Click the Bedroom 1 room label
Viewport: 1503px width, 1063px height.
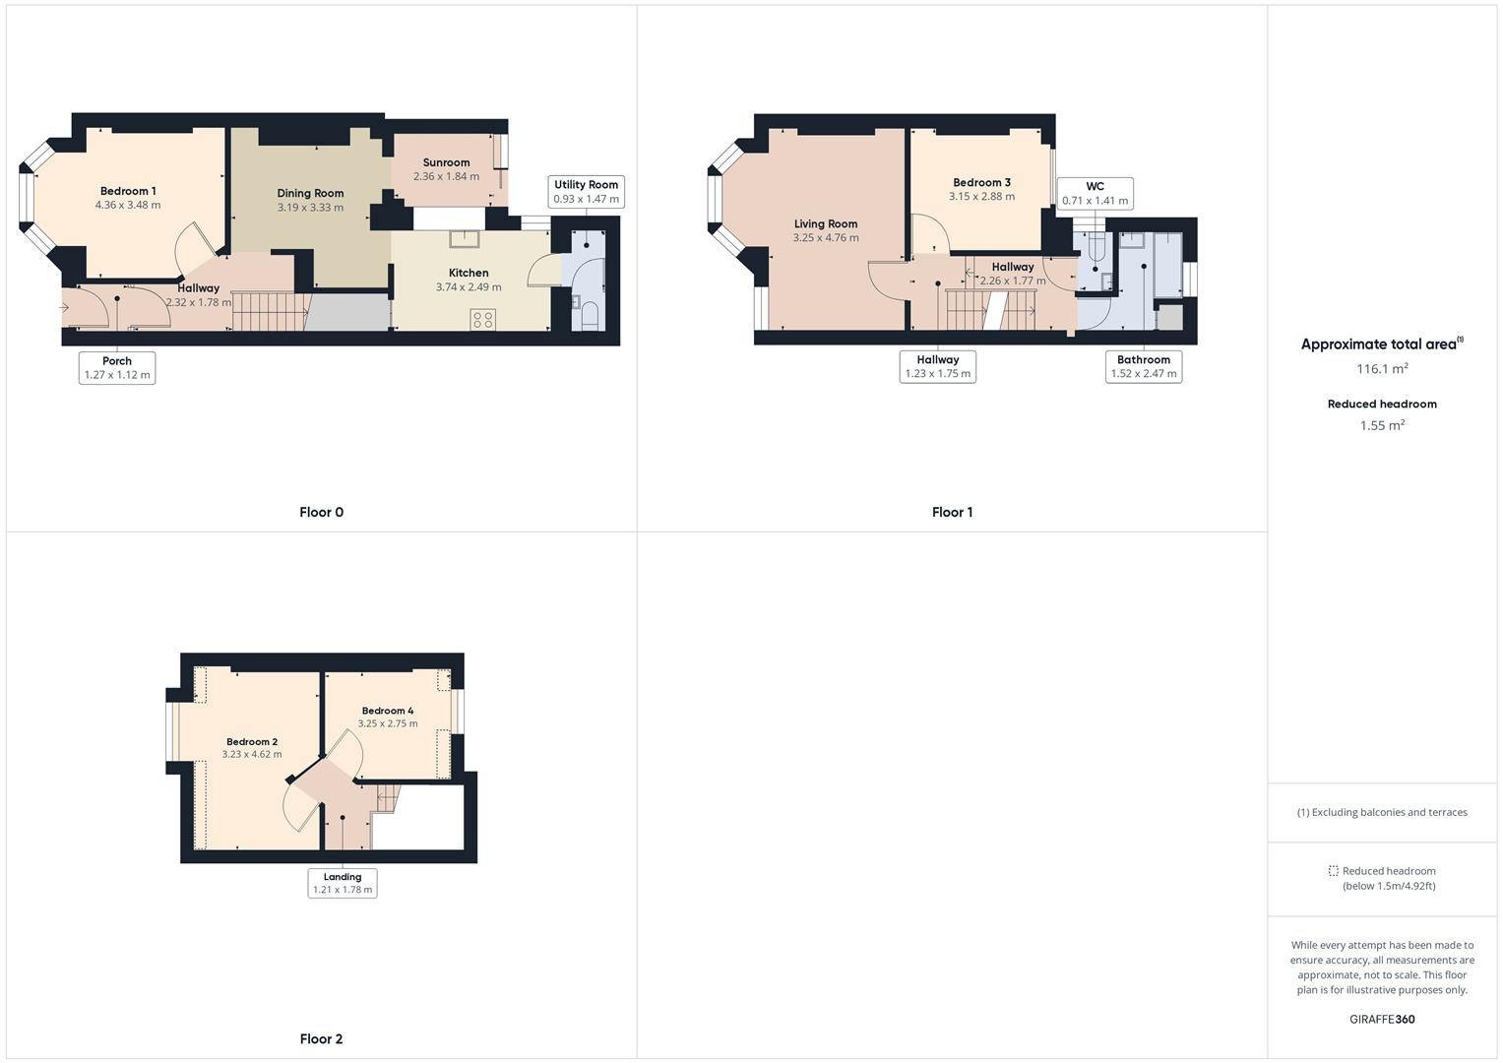(128, 191)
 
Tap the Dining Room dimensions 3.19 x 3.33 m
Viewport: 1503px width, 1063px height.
(310, 208)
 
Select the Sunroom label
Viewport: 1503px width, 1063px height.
(446, 162)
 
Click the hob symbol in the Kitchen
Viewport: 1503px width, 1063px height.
(482, 319)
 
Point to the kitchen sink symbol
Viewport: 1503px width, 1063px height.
(464, 239)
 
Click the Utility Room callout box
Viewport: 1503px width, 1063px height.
(586, 192)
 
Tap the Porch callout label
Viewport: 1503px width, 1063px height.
(117, 367)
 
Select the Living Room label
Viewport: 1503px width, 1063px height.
(826, 223)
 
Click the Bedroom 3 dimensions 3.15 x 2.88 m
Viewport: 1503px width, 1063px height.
(981, 197)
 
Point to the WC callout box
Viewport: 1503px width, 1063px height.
(1095, 193)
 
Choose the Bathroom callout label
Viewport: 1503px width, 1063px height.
(1143, 366)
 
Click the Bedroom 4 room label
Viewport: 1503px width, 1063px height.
(387, 711)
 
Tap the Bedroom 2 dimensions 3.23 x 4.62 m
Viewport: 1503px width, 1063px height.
(252, 755)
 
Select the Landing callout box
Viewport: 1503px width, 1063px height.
(343, 883)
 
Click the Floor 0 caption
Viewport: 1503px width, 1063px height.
(321, 512)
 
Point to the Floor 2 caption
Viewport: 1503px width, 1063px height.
(321, 1038)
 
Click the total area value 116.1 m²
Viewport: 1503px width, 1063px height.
(1382, 369)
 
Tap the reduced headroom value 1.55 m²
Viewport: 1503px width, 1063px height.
(1382, 426)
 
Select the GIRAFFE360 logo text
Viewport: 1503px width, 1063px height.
(1382, 1019)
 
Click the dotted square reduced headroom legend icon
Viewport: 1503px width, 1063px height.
(1333, 871)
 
